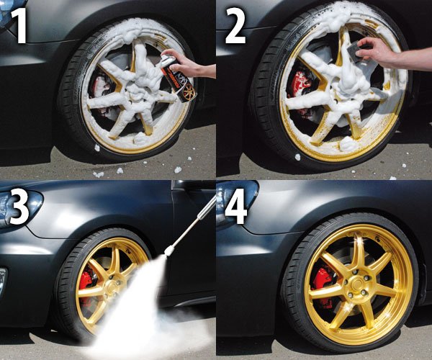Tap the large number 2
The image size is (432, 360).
click(235, 25)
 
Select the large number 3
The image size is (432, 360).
click(19, 207)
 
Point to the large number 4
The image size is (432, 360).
click(236, 207)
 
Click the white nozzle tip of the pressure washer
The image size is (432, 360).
click(168, 251)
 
